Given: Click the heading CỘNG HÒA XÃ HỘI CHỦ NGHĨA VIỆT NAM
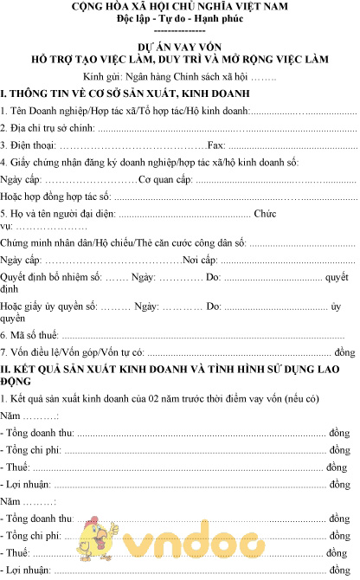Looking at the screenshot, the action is [x=179, y=8].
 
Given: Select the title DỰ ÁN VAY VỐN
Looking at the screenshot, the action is [x=179, y=48].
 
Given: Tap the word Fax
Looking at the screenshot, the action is [x=217, y=145].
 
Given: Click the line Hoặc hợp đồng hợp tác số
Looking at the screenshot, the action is [x=57, y=197].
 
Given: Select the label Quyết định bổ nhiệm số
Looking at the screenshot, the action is [x=52, y=278].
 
